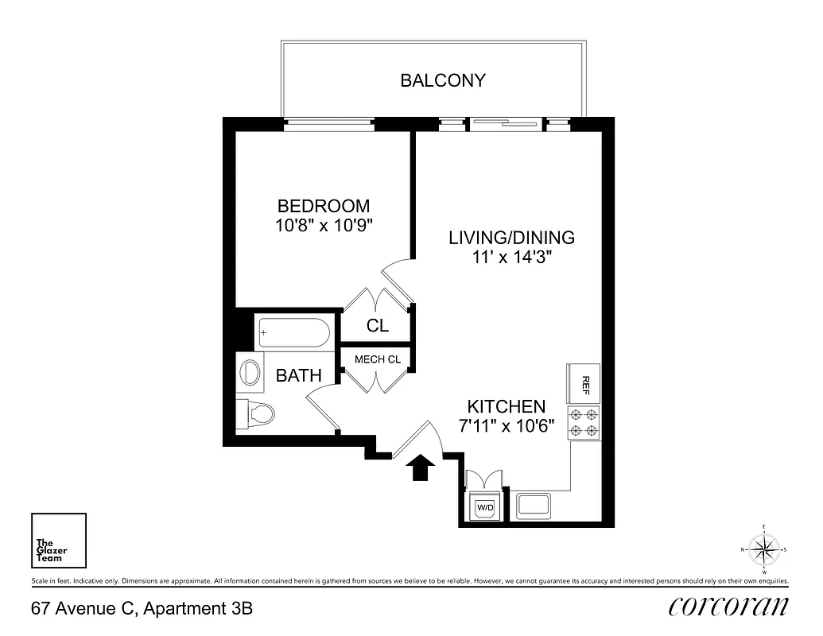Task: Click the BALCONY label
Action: tap(442, 80)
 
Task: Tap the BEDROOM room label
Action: tap(324, 206)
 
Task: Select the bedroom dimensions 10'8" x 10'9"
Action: tap(324, 225)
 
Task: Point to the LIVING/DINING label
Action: tap(511, 238)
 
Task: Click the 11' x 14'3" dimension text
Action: tap(511, 257)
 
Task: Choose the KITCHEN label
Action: tap(506, 405)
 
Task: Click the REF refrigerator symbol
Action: tap(584, 384)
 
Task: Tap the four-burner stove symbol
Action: tap(584, 422)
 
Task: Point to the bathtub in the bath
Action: tap(292, 333)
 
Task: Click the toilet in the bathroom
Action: tap(257, 413)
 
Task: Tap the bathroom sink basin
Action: tap(252, 373)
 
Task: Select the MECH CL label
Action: tap(377, 359)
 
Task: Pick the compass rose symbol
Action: tap(763, 549)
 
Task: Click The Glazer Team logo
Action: tap(58, 541)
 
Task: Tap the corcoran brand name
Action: tap(729, 607)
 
